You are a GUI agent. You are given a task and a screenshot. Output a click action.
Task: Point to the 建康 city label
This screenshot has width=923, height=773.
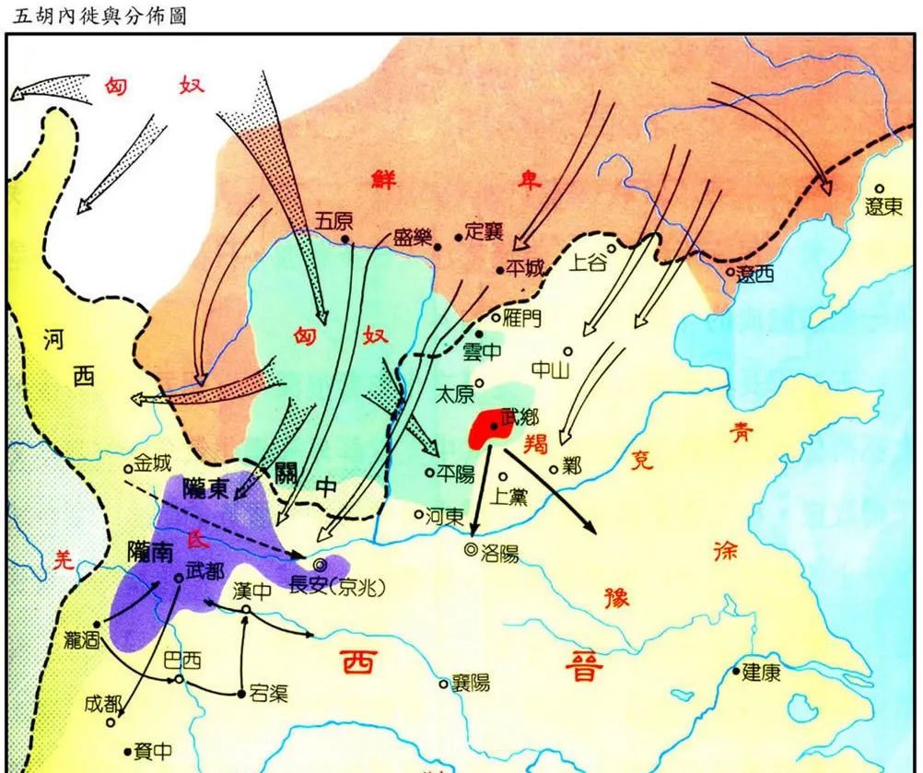click(x=763, y=672)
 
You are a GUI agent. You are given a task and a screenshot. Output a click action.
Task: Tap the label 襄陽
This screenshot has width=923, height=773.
click(x=471, y=683)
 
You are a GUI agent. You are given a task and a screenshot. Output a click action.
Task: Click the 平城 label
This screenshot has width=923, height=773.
click(x=526, y=268)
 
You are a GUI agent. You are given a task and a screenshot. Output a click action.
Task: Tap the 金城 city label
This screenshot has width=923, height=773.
click(x=152, y=461)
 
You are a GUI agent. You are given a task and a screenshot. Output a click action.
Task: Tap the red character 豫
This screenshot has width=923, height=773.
click(x=615, y=596)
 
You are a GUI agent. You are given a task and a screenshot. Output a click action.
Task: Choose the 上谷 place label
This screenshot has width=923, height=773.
click(x=589, y=264)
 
